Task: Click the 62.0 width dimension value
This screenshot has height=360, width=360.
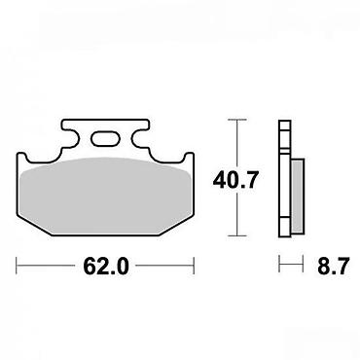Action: tap(106, 267)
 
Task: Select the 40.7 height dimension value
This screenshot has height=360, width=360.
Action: tap(235, 180)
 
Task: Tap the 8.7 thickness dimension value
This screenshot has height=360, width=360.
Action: tap(333, 267)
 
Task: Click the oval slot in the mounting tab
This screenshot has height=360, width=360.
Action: tap(105, 138)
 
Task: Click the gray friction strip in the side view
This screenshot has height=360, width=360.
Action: tap(298, 196)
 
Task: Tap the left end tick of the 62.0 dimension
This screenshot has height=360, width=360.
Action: tap(17, 266)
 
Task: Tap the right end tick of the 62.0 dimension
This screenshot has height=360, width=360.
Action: tap(194, 266)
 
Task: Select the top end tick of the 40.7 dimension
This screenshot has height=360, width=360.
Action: tap(237, 120)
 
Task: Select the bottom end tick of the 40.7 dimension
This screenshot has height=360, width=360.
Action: tap(237, 235)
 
